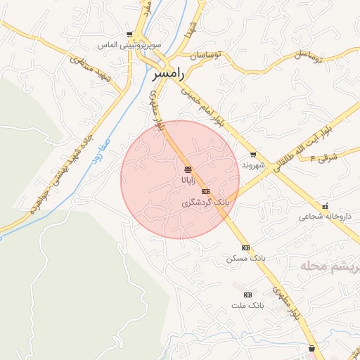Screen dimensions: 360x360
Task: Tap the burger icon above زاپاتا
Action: click(188, 169)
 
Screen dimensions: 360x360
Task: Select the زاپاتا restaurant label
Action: click(188, 181)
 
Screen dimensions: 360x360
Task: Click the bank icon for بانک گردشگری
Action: click(205, 191)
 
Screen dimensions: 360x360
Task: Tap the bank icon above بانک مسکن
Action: click(245, 247)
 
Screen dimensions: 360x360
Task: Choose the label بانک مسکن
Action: click(245, 259)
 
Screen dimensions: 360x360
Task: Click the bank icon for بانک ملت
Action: click(247, 295)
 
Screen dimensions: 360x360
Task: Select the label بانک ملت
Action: click(247, 306)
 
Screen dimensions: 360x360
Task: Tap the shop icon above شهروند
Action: click(253, 155)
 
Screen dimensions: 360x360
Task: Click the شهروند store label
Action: click(252, 165)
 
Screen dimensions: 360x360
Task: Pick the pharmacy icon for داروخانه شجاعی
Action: click(324, 206)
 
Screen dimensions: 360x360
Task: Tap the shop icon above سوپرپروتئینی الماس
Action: click(129, 34)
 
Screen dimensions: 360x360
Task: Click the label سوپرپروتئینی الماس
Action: click(129, 45)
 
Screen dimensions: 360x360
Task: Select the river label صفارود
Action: click(101, 151)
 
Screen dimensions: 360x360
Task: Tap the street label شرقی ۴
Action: click(323, 157)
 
